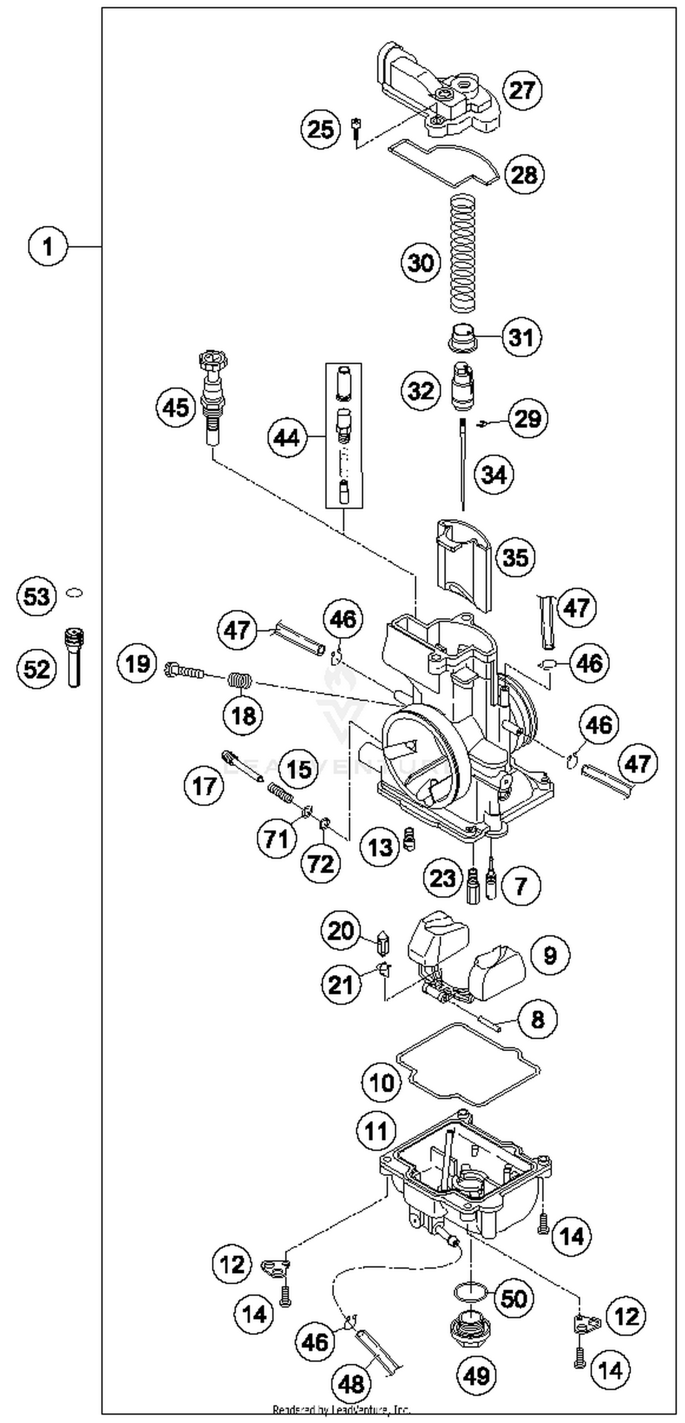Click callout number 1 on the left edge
point(47,246)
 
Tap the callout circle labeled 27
point(522,90)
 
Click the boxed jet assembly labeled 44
point(344,435)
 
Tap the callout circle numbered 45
point(176,408)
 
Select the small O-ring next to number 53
point(74,593)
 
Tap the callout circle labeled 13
point(380,847)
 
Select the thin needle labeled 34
point(462,464)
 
